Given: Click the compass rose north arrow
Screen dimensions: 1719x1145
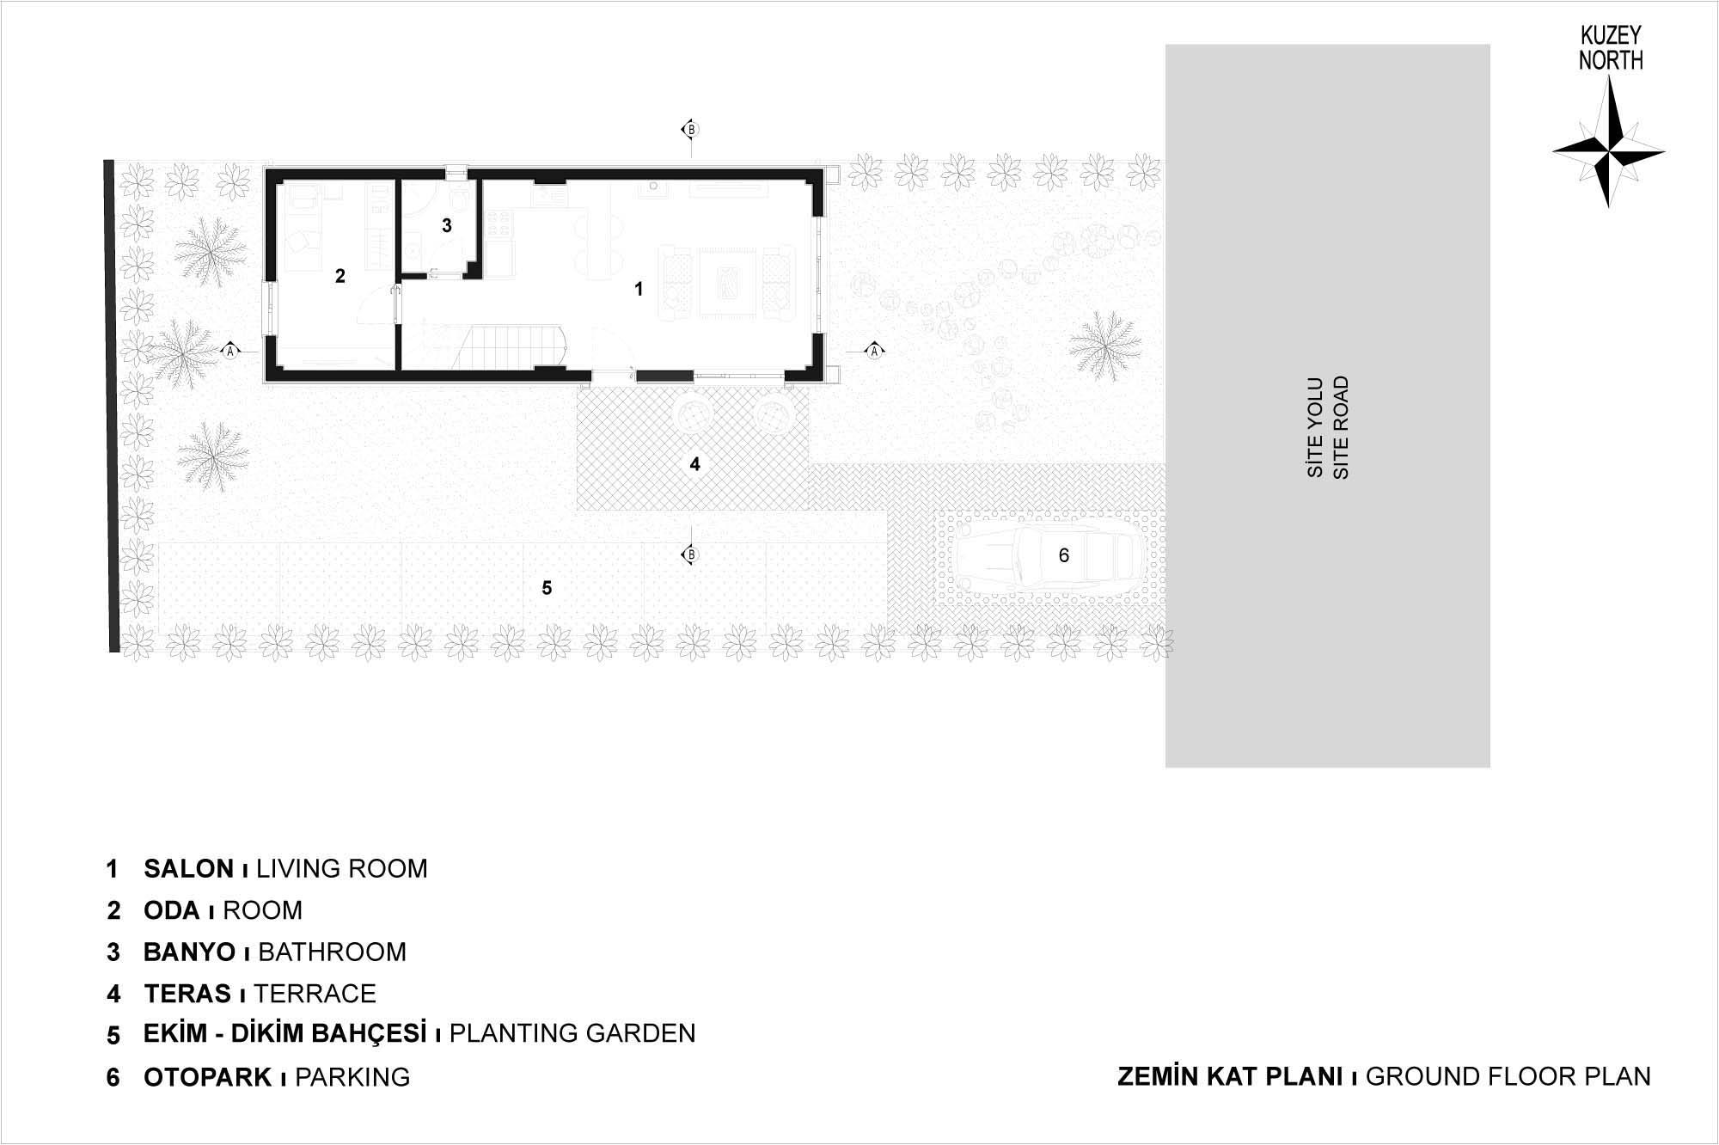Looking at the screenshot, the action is coord(1608,150).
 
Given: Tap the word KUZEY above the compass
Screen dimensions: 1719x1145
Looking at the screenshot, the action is coord(1611,36).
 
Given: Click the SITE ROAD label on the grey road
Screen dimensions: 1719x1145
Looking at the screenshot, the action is coord(1341,427).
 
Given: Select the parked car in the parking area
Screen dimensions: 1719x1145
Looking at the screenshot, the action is coord(1049,555).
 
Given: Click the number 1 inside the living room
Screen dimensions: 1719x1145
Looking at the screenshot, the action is coord(639,290).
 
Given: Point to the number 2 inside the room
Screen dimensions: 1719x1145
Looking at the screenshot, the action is coord(340,276).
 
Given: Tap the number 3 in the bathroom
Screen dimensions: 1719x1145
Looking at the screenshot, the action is coord(447,225).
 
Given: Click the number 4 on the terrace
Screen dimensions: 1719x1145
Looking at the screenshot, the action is coord(695,464).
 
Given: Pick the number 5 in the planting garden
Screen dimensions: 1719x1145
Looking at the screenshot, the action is coord(547,588).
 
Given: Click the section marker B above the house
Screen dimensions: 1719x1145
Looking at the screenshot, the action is coord(689,130).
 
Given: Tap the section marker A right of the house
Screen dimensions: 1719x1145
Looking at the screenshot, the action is coord(874,351).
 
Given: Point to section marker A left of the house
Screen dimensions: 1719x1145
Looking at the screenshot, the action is coord(229,351).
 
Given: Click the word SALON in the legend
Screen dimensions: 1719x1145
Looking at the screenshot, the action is coord(189,869).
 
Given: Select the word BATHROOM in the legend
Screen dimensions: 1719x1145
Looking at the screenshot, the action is coord(332,952).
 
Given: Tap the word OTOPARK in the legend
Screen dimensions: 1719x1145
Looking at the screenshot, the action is coord(208,1077).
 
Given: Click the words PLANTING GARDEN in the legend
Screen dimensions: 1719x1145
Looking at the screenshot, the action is coord(572,1033).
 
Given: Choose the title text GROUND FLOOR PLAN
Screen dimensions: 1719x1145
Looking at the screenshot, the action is coord(1508,1076).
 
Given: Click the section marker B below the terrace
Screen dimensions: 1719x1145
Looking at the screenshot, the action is coord(689,555).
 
